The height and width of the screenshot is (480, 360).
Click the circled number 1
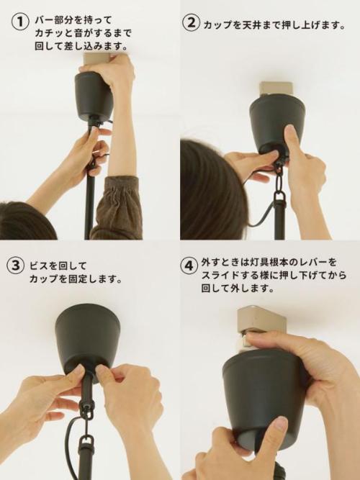tap(20, 22)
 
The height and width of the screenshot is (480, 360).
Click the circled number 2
tap(192, 22)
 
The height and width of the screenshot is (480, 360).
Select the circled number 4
tap(189, 266)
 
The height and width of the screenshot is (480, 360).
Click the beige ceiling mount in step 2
tap(276, 90)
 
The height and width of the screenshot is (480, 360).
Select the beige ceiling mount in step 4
tap(261, 322)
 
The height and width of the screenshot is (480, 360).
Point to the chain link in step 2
tap(280, 182)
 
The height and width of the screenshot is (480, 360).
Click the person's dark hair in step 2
tap(212, 190)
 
